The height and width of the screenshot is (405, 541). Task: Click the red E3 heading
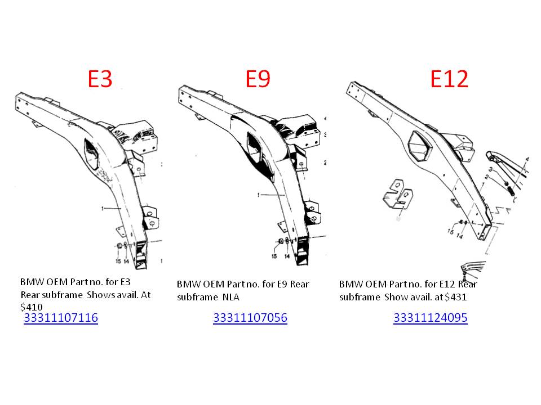[100, 79]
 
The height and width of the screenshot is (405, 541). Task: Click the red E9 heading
[258, 79]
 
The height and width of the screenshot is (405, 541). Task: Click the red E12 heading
[449, 79]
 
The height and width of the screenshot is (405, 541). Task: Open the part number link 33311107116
[61, 317]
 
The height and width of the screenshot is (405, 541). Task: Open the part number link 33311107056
[250, 317]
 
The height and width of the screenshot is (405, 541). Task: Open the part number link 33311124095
[430, 317]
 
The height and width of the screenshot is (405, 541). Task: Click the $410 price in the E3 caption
[32, 307]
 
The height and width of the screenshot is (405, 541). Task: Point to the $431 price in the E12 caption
[456, 297]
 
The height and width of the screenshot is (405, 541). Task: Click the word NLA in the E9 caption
[231, 297]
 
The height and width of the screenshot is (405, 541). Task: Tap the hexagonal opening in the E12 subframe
[419, 146]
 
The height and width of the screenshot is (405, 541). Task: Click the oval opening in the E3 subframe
[94, 155]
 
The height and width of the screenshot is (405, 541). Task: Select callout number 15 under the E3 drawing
[118, 261]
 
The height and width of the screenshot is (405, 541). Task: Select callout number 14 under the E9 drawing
[287, 256]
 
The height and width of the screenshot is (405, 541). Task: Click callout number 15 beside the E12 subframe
[451, 231]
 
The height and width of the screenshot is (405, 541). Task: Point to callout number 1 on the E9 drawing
[259, 195]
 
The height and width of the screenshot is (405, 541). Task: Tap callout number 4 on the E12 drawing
[527, 159]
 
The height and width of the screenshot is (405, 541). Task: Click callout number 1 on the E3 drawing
[103, 208]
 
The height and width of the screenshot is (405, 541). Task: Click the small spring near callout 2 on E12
[512, 190]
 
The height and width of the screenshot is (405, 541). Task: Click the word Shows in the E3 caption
[101, 295]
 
